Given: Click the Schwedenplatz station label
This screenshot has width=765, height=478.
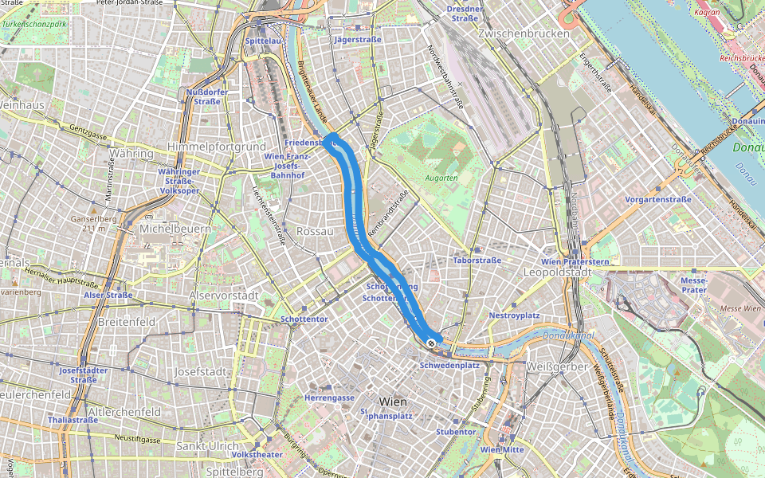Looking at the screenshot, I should (x=449, y=365).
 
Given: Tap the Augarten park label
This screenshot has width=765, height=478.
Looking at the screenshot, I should (x=441, y=178).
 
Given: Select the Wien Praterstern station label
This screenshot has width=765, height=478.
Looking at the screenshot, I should (x=575, y=261).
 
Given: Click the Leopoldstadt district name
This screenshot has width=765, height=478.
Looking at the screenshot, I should (x=556, y=272).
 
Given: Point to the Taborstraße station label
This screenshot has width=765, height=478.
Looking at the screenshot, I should (x=476, y=261).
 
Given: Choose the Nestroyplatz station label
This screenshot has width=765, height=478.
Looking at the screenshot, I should (x=514, y=315).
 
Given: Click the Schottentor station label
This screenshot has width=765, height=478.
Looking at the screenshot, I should (x=304, y=319).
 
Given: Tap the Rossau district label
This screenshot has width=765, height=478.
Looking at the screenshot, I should (x=313, y=230).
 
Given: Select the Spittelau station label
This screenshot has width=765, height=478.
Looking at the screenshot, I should (x=264, y=40).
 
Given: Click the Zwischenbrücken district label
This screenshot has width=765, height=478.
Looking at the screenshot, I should (x=524, y=33).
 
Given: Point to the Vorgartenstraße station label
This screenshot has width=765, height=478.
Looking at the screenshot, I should (x=658, y=199).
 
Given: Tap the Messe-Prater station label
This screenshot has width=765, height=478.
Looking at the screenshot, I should (x=694, y=285).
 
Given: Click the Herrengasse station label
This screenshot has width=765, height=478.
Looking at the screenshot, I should (x=329, y=398).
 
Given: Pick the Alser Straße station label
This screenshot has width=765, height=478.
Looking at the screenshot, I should (x=108, y=295).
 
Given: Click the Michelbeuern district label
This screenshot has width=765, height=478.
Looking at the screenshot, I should (x=175, y=229).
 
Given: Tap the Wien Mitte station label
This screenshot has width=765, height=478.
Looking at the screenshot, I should (x=502, y=449).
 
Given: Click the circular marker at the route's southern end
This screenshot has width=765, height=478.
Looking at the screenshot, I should (x=431, y=343).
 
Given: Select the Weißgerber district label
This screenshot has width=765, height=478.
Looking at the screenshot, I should (x=557, y=366).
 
